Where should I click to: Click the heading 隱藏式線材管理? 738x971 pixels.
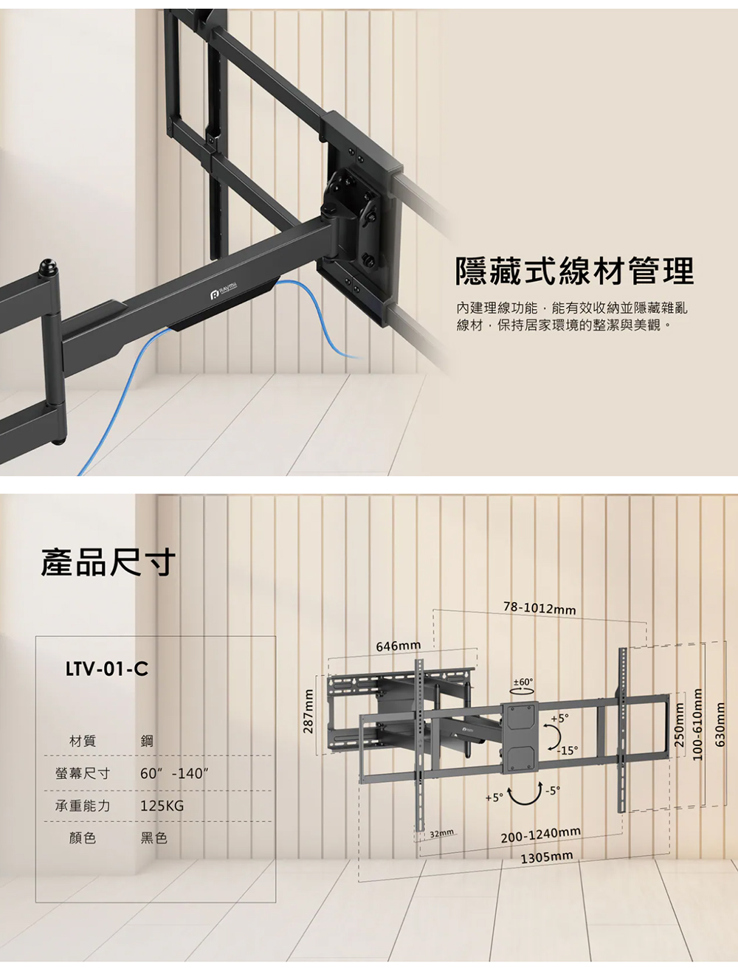(x=575, y=272)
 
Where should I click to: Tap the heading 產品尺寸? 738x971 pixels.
(x=108, y=561)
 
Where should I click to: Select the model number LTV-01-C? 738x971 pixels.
(x=106, y=669)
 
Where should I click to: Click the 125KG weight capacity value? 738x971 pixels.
(x=162, y=806)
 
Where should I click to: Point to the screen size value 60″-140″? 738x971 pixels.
(x=174, y=774)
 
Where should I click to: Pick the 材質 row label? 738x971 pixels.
(x=83, y=741)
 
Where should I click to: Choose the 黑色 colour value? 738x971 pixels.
(x=154, y=838)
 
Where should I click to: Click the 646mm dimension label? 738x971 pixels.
(x=399, y=646)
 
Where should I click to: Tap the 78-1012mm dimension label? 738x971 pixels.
(x=539, y=609)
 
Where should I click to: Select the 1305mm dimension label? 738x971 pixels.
(x=546, y=858)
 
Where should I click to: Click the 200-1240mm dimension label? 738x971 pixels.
(x=540, y=835)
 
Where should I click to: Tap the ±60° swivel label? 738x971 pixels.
(x=523, y=682)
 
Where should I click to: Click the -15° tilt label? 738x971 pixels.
(x=568, y=750)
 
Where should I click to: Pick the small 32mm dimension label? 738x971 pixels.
(x=441, y=834)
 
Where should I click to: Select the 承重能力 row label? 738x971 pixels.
(x=83, y=806)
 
